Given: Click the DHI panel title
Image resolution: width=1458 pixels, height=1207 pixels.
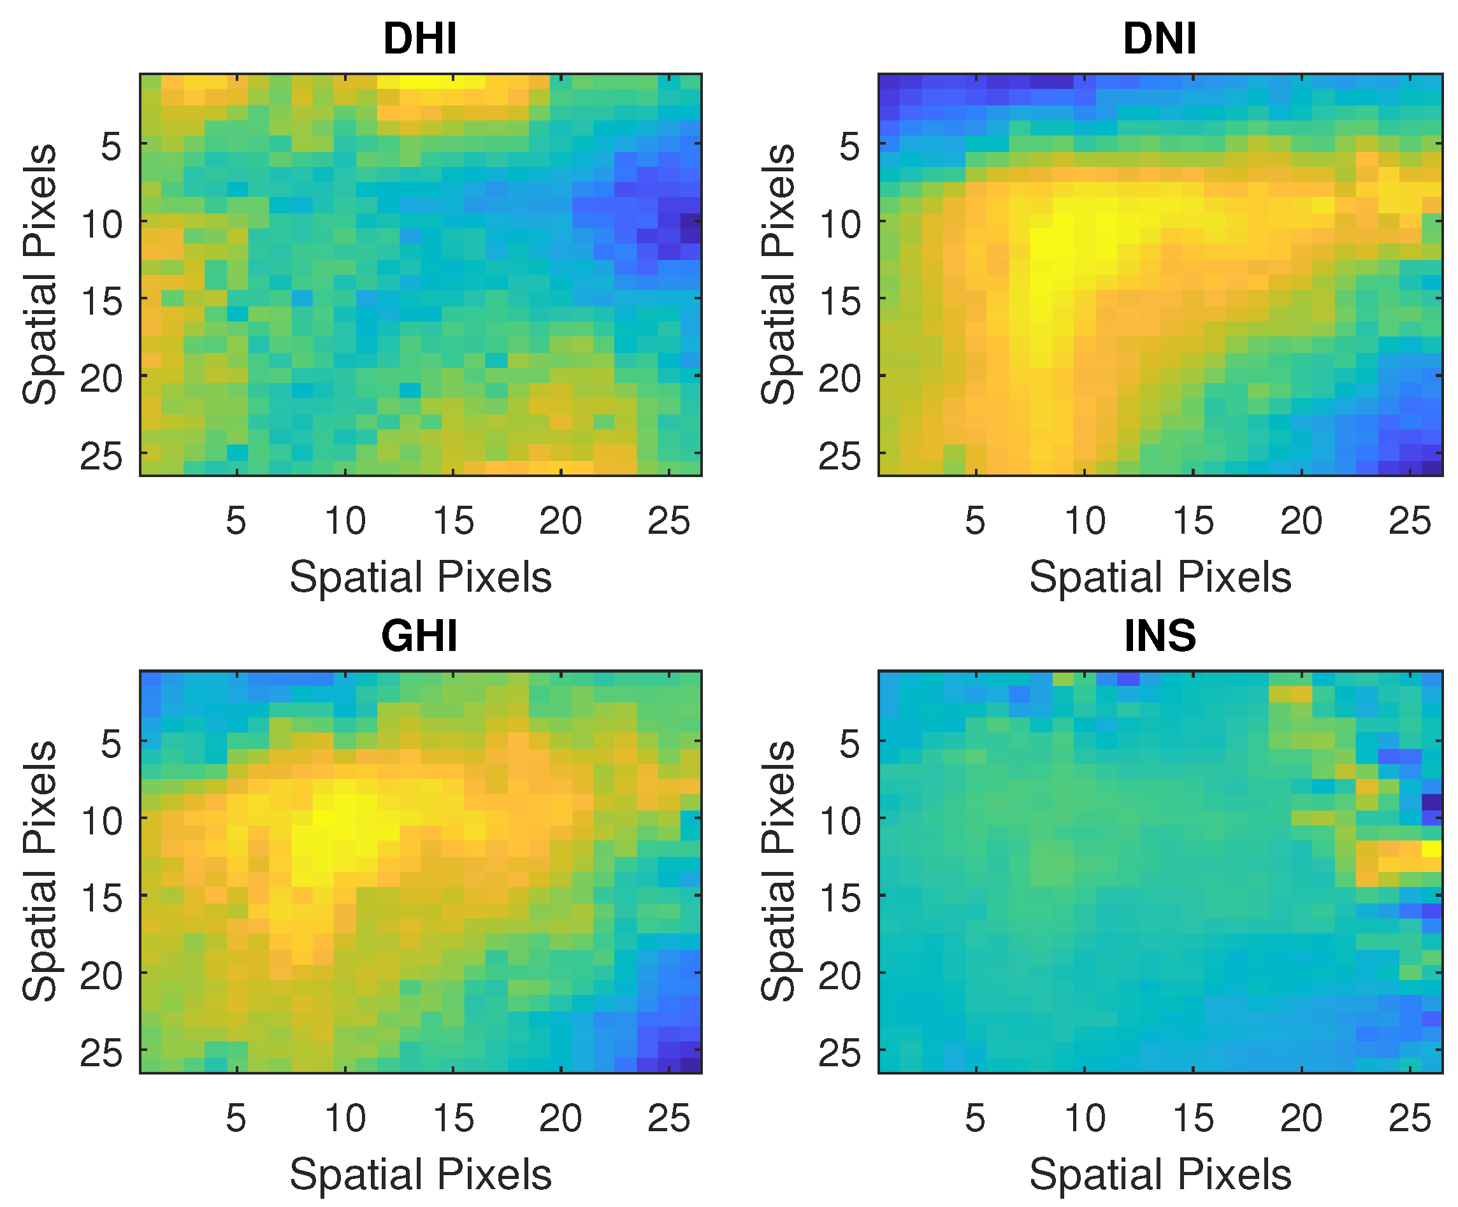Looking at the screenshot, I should [x=420, y=39].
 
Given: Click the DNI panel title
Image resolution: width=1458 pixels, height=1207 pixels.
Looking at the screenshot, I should [x=1160, y=39].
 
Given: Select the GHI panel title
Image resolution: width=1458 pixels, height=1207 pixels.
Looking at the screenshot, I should [x=419, y=636].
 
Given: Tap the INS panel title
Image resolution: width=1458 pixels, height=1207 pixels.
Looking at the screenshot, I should [x=1160, y=636].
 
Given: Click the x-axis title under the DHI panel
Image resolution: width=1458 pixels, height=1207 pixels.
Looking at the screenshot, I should [x=420, y=578].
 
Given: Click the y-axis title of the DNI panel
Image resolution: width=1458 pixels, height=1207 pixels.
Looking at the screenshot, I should [x=778, y=274].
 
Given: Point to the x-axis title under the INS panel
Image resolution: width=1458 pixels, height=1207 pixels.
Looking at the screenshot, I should [x=1160, y=1175].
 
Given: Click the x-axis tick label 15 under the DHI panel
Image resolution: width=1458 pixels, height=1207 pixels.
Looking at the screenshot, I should [x=452, y=521].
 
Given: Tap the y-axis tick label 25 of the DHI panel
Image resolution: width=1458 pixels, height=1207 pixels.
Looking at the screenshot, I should [x=101, y=457].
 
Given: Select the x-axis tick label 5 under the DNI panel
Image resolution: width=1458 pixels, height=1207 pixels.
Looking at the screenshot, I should [x=975, y=521].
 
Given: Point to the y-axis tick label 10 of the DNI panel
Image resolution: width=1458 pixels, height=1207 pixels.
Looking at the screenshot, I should [x=840, y=225].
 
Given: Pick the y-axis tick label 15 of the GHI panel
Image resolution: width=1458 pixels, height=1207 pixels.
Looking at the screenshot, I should [x=101, y=899].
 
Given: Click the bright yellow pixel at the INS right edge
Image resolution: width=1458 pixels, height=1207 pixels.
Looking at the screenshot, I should [x=1432, y=848].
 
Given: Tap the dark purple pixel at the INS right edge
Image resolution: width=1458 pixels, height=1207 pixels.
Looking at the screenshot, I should [x=1432, y=802].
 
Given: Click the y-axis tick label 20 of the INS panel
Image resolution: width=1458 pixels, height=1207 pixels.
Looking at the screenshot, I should [x=840, y=976].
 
